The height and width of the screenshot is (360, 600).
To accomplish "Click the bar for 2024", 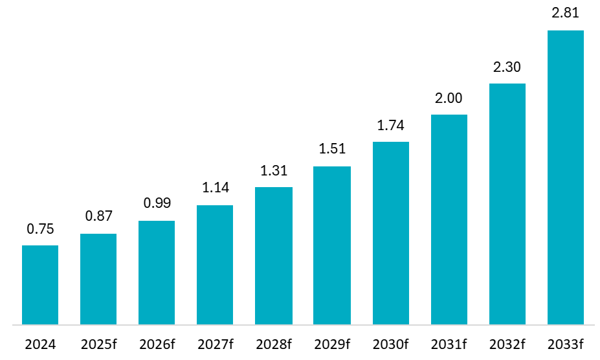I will click(40, 285).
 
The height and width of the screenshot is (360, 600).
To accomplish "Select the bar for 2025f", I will click(98, 279).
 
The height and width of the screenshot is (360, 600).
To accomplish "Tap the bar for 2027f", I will click(215, 265).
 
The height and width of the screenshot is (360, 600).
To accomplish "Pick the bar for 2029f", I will click(332, 245).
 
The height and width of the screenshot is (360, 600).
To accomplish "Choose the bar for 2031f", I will click(449, 219).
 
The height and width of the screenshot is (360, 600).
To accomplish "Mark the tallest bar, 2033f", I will click(566, 177).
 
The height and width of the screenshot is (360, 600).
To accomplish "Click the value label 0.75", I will click(40, 229).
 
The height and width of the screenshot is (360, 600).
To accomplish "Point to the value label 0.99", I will click(157, 203).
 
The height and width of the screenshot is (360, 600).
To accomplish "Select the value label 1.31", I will click(274, 170).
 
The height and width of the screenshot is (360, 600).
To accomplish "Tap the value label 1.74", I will click(391, 125).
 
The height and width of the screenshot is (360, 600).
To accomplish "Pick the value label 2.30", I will click(507, 67).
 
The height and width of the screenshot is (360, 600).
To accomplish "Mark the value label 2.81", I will click(566, 14).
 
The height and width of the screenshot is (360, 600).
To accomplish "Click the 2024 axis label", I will click(40, 344).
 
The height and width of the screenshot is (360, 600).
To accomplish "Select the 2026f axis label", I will click(157, 344).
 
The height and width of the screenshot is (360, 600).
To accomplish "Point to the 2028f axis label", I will click(274, 344).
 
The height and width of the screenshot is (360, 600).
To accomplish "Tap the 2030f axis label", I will click(391, 344).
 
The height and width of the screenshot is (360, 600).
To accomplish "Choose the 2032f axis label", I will click(507, 344).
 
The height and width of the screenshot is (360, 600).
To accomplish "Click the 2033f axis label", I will click(566, 344).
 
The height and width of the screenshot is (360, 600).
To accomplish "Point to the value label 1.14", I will click(215, 188).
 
